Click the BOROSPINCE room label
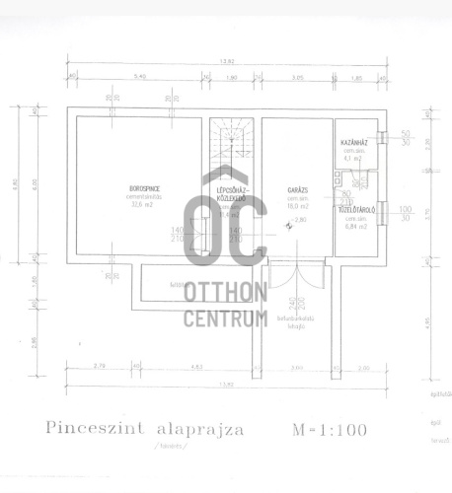[x=145, y=187]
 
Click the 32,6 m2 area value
[x=145, y=204]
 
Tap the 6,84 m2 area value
[x=354, y=227]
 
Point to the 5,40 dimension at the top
[x=139, y=77]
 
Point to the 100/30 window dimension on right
[x=405, y=213]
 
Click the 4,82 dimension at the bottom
[x=196, y=368]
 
